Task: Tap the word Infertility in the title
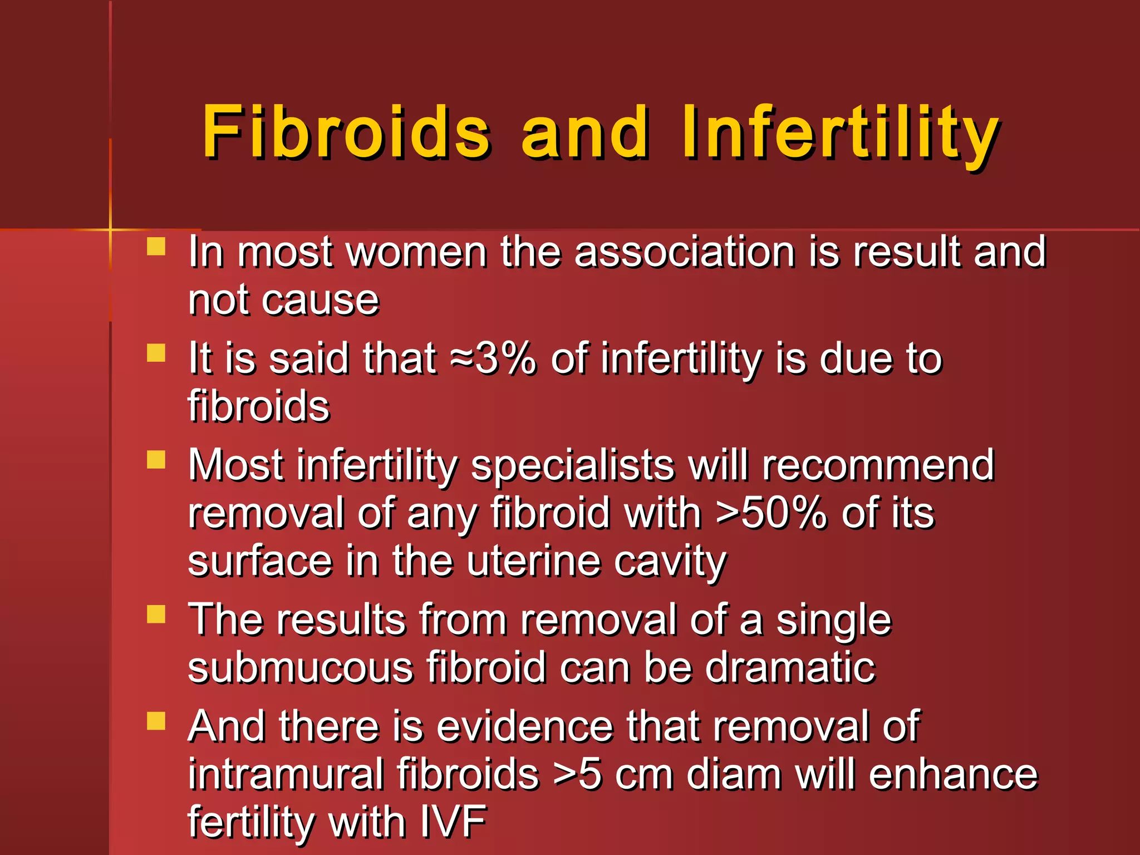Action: coord(841,131)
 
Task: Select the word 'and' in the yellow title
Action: coord(585,131)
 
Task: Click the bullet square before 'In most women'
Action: coord(156,247)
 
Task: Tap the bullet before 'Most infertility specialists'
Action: coord(156,460)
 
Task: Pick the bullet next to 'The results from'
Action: coord(156,615)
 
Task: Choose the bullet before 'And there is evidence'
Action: coord(156,721)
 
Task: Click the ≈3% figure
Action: coord(493,359)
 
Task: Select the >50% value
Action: coord(772,513)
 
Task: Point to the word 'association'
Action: coord(685,252)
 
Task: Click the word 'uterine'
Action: coord(534,561)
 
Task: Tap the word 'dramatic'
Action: coord(790,668)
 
